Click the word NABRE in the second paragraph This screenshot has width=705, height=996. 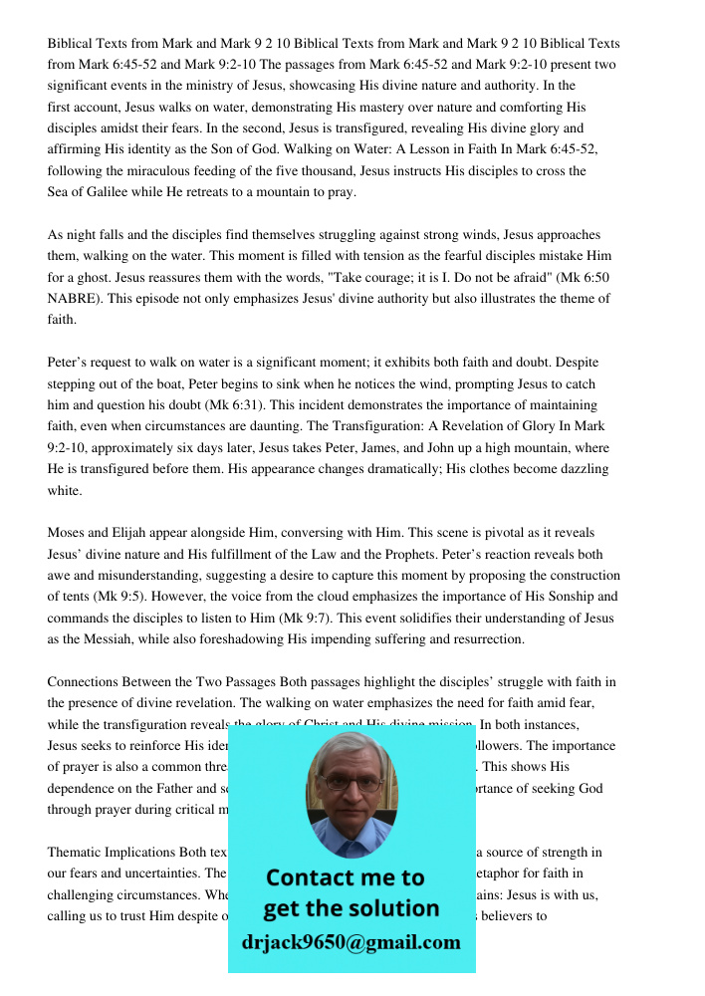[x=72, y=298]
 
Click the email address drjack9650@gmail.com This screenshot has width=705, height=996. [x=352, y=942]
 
